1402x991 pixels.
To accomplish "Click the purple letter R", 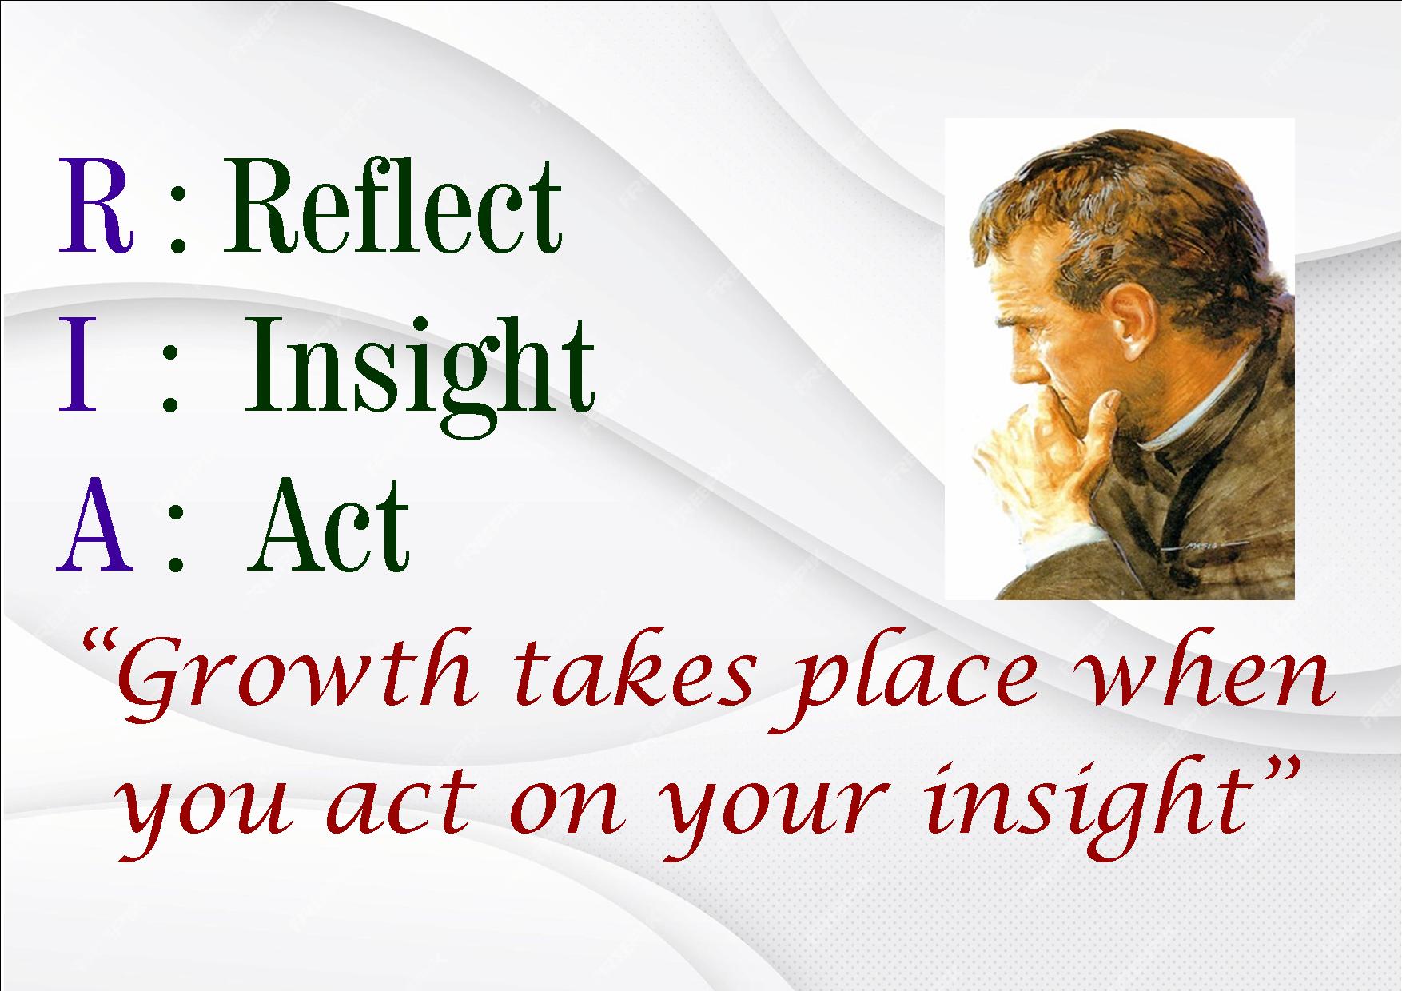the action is [95, 205].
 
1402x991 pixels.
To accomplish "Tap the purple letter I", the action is [78, 364].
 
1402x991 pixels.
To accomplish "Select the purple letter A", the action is [94, 523].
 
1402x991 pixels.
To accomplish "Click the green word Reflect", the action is [392, 205].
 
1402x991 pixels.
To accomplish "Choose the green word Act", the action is [329, 523].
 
